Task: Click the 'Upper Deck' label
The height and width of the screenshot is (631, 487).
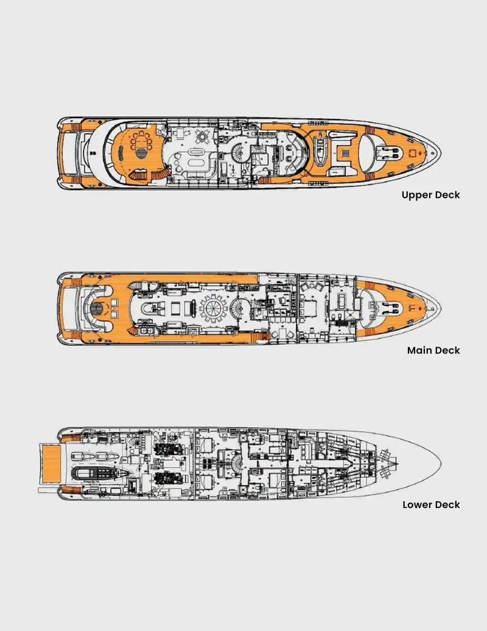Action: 430,195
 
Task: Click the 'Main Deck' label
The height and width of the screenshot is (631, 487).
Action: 433,350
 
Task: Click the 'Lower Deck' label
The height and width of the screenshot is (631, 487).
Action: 431,505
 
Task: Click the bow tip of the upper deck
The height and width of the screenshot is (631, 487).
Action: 440,152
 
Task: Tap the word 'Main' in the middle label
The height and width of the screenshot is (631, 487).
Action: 419,350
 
